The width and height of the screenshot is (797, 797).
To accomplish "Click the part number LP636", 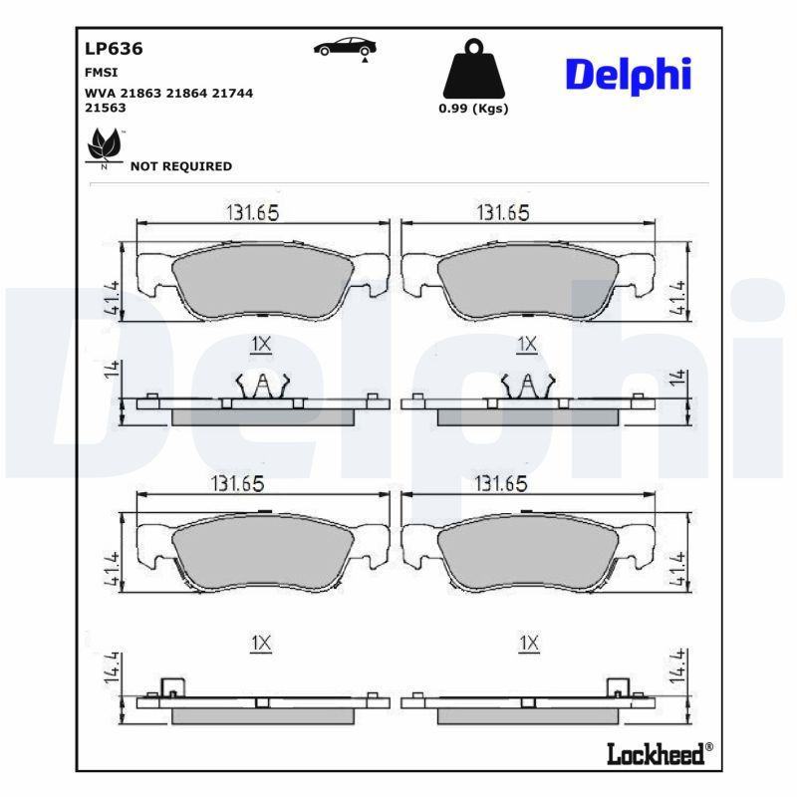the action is click(x=114, y=49).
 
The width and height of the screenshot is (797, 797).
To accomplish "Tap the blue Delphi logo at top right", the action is click(x=629, y=76).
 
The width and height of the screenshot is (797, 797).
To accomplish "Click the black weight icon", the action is click(x=474, y=69).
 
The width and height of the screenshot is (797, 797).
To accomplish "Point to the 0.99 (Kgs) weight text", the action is click(x=473, y=109).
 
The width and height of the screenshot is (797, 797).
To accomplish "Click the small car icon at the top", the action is click(x=345, y=47).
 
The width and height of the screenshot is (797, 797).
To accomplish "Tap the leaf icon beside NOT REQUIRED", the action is click(x=106, y=146).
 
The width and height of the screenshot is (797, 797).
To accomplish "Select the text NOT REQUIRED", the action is click(x=181, y=166).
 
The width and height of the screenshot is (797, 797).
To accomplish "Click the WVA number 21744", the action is click(x=232, y=93).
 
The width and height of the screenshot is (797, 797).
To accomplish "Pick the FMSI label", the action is click(x=102, y=73).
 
